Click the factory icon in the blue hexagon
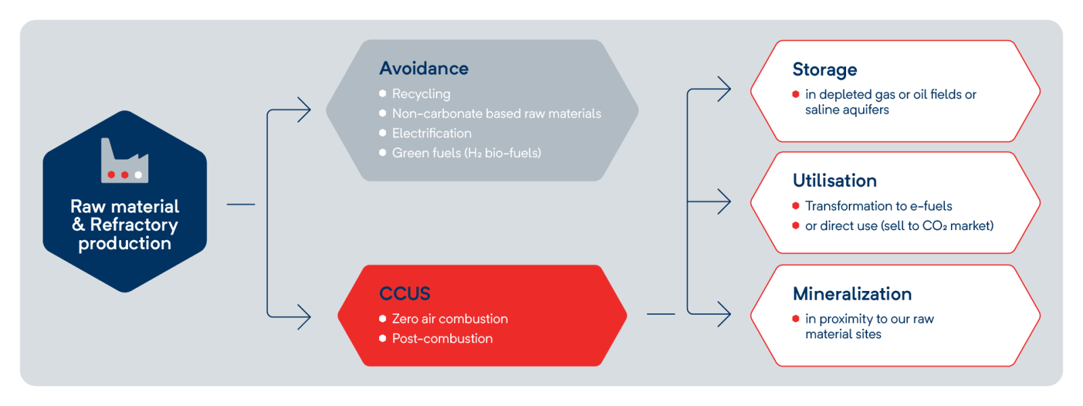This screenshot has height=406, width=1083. [x=125, y=160]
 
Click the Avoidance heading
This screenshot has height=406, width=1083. [x=424, y=68]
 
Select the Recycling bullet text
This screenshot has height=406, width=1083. [x=421, y=94]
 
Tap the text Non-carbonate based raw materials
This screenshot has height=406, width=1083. [x=497, y=114]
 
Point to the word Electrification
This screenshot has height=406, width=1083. [x=432, y=133]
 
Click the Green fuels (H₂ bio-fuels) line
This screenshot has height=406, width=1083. [x=466, y=153]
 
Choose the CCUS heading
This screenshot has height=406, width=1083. [x=405, y=294]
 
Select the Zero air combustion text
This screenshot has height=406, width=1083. [x=450, y=319]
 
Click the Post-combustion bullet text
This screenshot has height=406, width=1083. [x=443, y=339]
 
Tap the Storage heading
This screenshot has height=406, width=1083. [x=825, y=70]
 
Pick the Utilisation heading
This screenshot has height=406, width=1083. [x=835, y=181]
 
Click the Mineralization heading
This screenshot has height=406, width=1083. [x=852, y=294]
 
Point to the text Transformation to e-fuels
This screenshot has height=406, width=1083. [x=879, y=206]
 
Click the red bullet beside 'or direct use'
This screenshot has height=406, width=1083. [x=796, y=226]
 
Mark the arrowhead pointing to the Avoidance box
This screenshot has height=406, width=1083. [x=305, y=110]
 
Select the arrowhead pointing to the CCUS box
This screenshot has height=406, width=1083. [x=305, y=317]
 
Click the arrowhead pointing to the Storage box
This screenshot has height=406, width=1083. [x=724, y=89]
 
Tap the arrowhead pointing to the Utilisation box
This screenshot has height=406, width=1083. [x=724, y=202]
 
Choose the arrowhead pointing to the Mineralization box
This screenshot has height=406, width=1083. [x=724, y=314]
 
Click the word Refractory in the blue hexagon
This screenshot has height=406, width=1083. [x=134, y=225]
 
